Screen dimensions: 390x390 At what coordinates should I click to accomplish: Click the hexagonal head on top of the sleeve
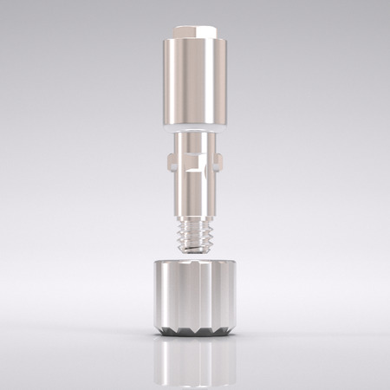click(195, 32)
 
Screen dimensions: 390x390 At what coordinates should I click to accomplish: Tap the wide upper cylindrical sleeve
click(195, 82)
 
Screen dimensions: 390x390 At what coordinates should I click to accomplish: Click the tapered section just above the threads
click(195, 209)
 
